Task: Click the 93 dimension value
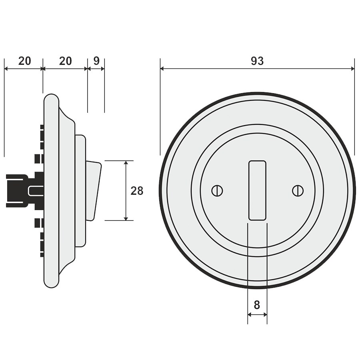click(257, 61)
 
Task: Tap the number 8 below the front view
click(257, 305)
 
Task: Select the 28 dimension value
click(137, 191)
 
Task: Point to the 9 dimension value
click(96, 61)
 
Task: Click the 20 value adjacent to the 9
click(66, 61)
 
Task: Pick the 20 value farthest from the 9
click(24, 61)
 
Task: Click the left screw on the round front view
click(217, 191)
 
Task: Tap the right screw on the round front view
click(297, 191)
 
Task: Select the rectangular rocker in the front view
click(257, 190)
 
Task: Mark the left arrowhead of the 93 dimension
click(162, 69)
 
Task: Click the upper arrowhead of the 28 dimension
click(126, 163)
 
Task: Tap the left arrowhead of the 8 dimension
click(250, 315)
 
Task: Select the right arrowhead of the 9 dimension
click(102, 69)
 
